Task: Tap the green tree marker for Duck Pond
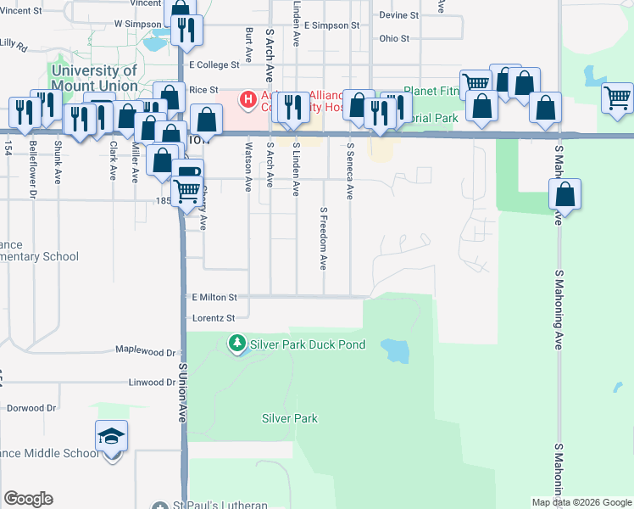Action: [x=237, y=344]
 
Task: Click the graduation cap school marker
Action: [x=111, y=437]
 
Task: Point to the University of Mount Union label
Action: [x=94, y=78]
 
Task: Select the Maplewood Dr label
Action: [x=145, y=351]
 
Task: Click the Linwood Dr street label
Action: [x=152, y=383]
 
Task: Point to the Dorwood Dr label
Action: [x=31, y=408]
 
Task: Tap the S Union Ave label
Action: [x=181, y=393]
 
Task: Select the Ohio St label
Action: [x=394, y=38]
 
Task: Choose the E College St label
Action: [x=215, y=64]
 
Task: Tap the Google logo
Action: [x=28, y=499]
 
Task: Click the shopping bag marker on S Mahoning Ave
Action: [x=564, y=195]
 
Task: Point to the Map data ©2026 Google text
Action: [x=581, y=502]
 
